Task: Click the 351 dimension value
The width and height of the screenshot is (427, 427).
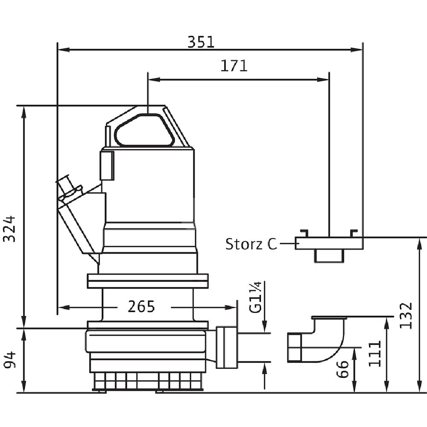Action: (x=201, y=42)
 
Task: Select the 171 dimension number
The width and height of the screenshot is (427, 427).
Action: (x=234, y=66)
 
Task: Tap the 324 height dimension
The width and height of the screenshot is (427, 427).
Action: (x=9, y=228)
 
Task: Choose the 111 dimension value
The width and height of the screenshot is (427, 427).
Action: (x=374, y=354)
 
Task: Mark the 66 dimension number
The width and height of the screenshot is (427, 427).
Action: (x=342, y=368)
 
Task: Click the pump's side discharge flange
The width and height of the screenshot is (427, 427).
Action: (x=226, y=347)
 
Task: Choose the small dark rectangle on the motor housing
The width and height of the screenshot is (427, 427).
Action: (x=107, y=165)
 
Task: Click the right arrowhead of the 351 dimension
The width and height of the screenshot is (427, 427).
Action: (x=359, y=50)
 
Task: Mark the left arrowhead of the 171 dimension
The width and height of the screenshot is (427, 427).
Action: (x=152, y=79)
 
